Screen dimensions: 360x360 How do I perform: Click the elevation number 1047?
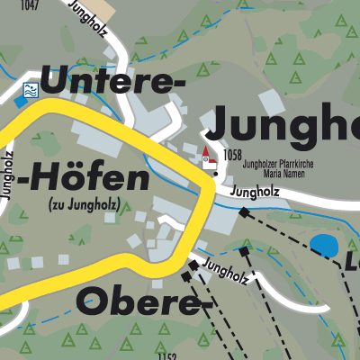coord(28,5)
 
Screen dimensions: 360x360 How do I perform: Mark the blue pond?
coord(322,244)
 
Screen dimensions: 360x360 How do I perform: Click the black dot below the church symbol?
coord(216,174)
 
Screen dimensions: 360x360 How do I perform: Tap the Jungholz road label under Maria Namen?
coord(256,192)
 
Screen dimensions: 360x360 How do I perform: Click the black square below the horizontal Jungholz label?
coord(244,212)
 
